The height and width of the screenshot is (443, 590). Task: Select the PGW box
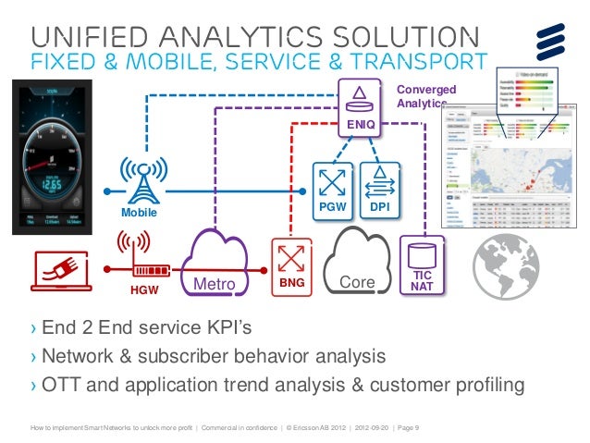[x=329, y=188]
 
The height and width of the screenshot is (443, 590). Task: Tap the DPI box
[x=377, y=188]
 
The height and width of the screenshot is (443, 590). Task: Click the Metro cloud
[x=218, y=265]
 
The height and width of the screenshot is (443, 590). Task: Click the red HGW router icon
[x=135, y=262]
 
